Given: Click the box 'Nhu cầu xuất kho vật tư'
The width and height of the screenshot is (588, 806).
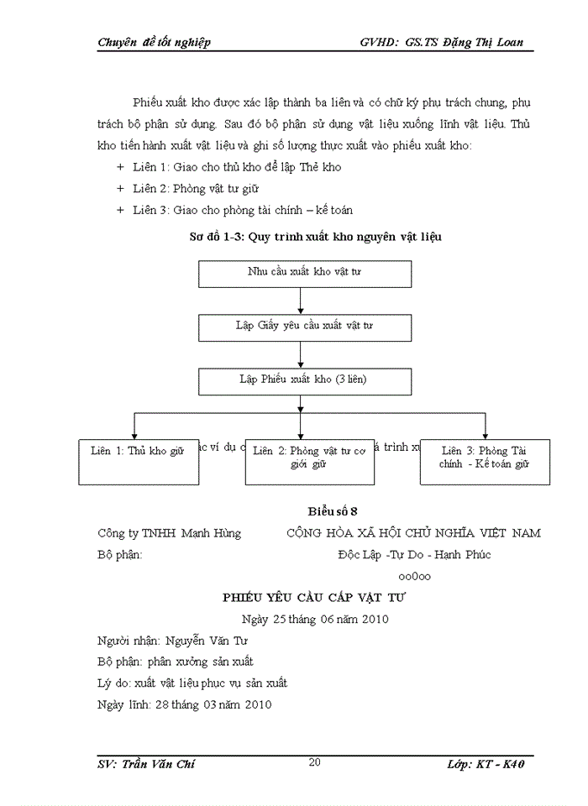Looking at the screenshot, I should pyautogui.click(x=304, y=274).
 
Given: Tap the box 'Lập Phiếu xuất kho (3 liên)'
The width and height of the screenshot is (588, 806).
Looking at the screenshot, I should pyautogui.click(x=304, y=380).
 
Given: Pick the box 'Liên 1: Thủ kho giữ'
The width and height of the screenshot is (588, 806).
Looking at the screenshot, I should pyautogui.click(x=137, y=461).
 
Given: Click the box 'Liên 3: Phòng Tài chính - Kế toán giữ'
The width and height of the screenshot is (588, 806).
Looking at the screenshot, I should pyautogui.click(x=485, y=461).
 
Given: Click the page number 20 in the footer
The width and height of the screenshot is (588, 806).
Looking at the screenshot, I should pyautogui.click(x=315, y=762).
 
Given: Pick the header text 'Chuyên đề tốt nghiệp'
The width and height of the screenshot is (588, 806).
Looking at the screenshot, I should pyautogui.click(x=154, y=42).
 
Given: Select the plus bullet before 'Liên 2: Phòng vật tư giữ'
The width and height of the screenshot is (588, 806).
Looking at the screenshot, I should pyautogui.click(x=120, y=189).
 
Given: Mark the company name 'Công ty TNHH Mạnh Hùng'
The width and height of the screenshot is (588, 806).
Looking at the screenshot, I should pyautogui.click(x=169, y=533).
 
